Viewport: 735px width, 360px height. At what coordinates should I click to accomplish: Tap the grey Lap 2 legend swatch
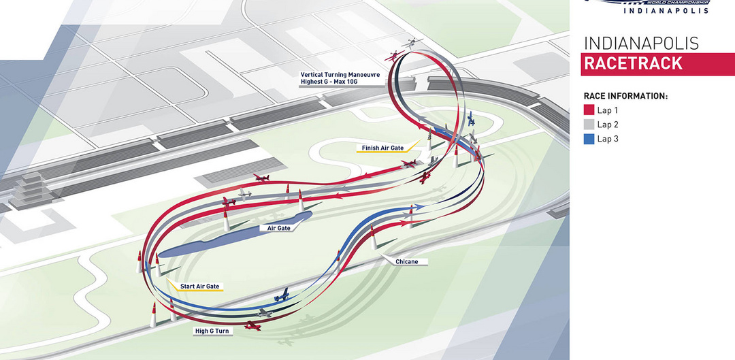coord(589,125)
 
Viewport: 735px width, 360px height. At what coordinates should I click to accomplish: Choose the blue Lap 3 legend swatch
coord(589,139)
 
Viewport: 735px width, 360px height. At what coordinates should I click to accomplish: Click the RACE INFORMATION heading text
coord(625,97)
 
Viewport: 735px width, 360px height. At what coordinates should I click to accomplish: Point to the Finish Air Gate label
coord(382,146)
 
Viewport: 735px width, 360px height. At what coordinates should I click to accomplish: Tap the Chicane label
coord(406,261)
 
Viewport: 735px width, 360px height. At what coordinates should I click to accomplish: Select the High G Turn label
coord(211,331)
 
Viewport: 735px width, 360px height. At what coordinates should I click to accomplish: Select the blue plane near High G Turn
coord(281,296)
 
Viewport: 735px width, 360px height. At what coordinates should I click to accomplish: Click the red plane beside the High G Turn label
coord(252,327)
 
